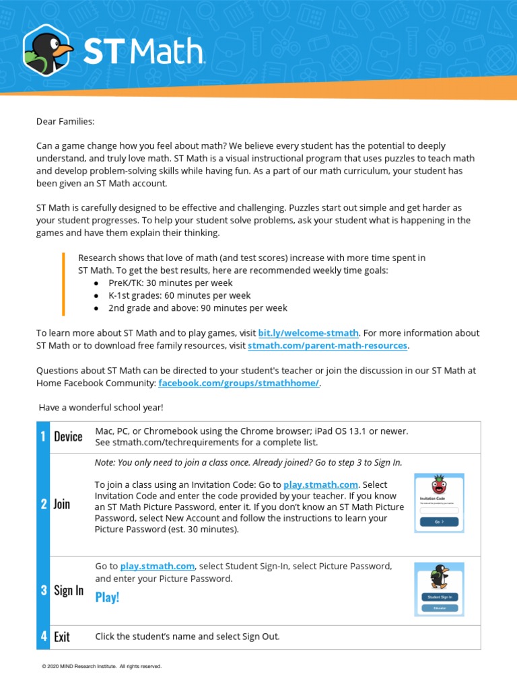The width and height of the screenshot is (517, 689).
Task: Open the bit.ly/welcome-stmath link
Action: point(308,333)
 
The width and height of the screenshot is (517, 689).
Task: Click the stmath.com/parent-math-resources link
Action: point(327,345)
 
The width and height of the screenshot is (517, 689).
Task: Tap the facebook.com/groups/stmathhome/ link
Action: point(238,383)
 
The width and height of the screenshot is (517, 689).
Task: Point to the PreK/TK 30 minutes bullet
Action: point(170,283)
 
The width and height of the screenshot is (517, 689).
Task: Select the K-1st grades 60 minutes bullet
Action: point(179,295)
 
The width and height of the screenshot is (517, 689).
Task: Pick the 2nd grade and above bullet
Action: point(197,307)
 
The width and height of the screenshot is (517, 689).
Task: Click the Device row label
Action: point(68,437)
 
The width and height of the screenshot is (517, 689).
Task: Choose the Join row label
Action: point(62,504)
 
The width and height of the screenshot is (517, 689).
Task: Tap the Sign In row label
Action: point(69,590)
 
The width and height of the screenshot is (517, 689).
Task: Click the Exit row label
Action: point(62,637)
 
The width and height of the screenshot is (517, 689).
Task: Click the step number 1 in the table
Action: point(43,437)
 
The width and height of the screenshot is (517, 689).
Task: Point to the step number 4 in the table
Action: point(43,637)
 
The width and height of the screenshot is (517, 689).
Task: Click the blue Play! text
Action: point(107,597)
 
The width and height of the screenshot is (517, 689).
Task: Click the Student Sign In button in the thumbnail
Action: point(440,597)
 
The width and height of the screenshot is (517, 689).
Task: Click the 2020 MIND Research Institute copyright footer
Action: point(102,666)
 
